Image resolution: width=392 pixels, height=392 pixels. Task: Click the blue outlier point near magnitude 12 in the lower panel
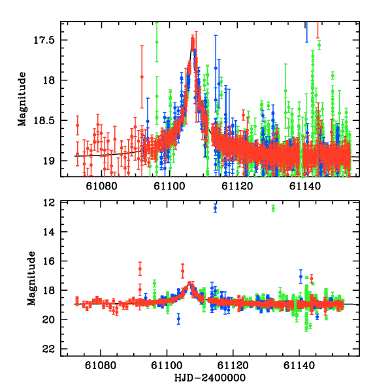215,208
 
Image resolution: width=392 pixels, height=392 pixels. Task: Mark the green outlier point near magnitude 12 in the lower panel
273,208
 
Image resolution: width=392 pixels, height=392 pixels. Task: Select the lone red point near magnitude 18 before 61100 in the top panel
142,76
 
